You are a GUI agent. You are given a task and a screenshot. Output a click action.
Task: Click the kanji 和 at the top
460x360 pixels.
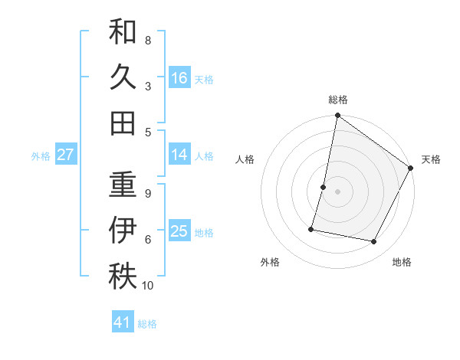123,33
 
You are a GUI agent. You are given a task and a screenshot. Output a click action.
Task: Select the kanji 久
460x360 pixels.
123,77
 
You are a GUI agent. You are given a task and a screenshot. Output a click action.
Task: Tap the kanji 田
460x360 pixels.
123,122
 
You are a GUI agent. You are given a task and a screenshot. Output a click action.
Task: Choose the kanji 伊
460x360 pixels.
123,230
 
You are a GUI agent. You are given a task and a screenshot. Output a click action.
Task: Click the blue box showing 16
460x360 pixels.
179,77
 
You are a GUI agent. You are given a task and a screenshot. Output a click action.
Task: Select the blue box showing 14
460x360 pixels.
179,155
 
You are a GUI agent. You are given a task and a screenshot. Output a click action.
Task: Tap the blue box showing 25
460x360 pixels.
179,231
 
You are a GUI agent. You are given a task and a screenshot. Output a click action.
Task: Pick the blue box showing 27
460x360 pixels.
66,155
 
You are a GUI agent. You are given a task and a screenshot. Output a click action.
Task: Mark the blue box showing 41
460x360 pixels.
123,323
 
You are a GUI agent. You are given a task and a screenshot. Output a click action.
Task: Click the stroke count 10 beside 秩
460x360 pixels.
148,286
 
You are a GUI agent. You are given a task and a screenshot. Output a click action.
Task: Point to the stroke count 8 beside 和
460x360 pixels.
148,39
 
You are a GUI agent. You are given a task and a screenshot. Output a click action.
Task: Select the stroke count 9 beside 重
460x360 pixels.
148,193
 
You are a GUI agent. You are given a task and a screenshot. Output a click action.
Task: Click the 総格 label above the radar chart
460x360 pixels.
338,100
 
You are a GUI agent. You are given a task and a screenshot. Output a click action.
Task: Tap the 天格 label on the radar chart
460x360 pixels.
431,159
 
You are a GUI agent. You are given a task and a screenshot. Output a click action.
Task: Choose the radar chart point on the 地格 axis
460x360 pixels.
374,242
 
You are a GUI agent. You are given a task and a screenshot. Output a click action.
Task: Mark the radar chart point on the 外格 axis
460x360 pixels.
311,228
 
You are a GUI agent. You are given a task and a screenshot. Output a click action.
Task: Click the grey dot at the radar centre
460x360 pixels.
337,191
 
